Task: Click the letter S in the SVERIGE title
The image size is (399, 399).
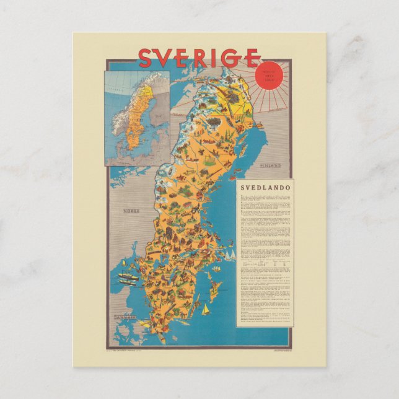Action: click(x=145, y=58)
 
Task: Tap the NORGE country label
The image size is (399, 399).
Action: click(x=131, y=211)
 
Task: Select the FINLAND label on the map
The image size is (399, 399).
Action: click(x=270, y=166)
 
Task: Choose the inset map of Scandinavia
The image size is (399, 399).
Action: click(x=137, y=118)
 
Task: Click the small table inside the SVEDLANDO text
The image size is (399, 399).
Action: click(x=265, y=263)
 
